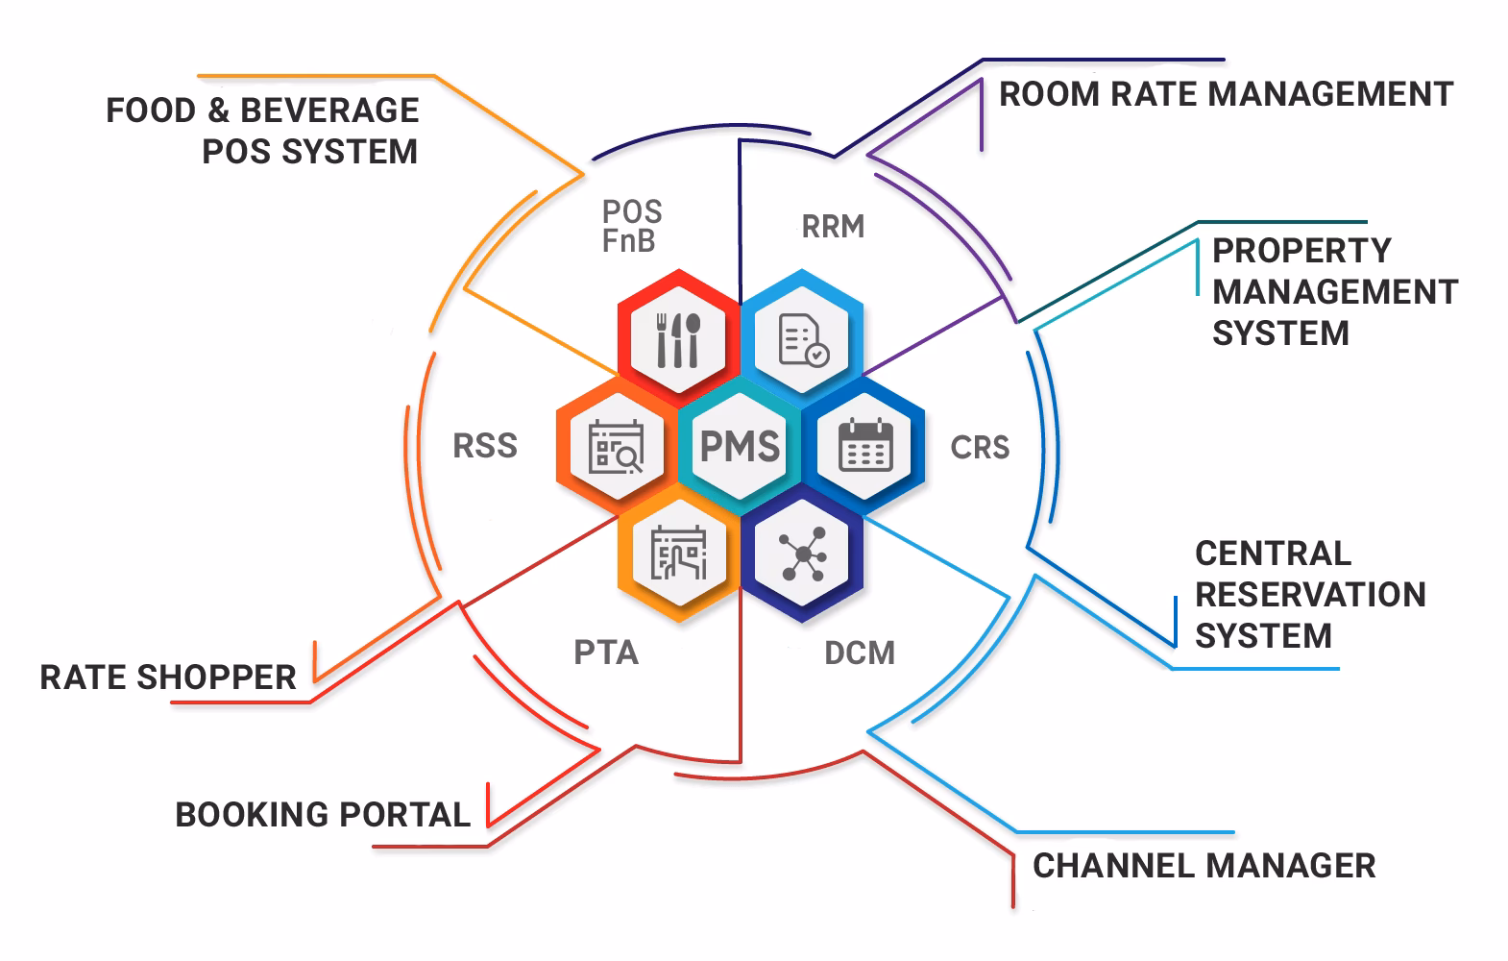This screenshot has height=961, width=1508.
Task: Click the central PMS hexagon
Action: pos(740,446)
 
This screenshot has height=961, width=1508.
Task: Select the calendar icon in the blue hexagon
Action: pos(865,446)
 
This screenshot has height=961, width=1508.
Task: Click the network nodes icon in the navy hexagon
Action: pos(803,554)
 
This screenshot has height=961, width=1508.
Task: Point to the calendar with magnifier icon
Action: pos(616,447)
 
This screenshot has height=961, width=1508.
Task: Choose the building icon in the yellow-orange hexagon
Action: pos(678,554)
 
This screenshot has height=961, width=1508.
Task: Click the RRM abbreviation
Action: pos(833,227)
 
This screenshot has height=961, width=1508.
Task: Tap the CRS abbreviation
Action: pos(980,448)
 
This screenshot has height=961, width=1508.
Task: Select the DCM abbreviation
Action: pos(860,653)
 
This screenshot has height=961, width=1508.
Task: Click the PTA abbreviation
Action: pos(606,653)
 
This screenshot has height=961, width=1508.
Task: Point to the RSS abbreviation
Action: pos(485,446)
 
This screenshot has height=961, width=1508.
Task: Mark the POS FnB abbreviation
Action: pos(631,227)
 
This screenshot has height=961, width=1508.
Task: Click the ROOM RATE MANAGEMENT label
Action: pos(1226,94)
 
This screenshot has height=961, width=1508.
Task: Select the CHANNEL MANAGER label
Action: pos(1204,866)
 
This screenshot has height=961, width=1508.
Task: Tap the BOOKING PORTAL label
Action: pos(323,815)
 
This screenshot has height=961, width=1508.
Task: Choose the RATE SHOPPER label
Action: pos(168,678)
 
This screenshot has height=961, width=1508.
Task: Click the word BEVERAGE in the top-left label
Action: pos(328,111)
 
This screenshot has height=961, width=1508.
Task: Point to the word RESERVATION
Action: pos(1310,595)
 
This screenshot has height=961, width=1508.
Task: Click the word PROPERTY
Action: pos(1301,251)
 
